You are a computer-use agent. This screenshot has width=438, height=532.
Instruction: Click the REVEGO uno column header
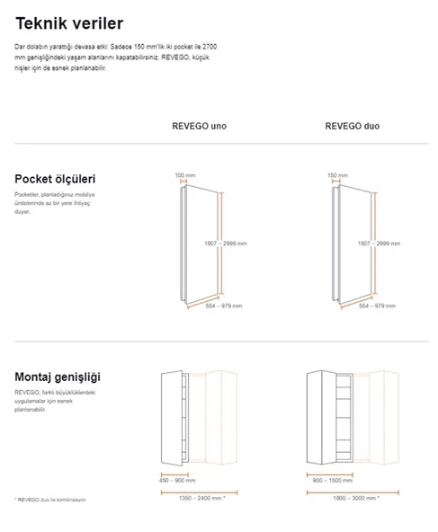coord(199,127)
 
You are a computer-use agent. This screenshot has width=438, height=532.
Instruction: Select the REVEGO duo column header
coord(352,127)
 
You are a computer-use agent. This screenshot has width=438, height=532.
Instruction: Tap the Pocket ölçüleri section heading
coord(55,179)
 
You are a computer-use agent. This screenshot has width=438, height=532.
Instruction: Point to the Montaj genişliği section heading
coord(57,377)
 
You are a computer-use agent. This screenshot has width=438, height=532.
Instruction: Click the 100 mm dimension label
coord(184,175)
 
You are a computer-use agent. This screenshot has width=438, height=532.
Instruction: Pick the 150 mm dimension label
coord(337,175)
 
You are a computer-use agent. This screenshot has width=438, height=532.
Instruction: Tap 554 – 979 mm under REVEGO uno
coord(225,306)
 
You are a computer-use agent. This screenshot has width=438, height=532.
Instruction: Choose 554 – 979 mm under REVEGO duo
coord(377,306)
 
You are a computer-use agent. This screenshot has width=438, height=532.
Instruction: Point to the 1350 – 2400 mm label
coord(200,497)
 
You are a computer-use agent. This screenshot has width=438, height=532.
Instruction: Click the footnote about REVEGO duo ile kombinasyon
coord(50,500)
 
